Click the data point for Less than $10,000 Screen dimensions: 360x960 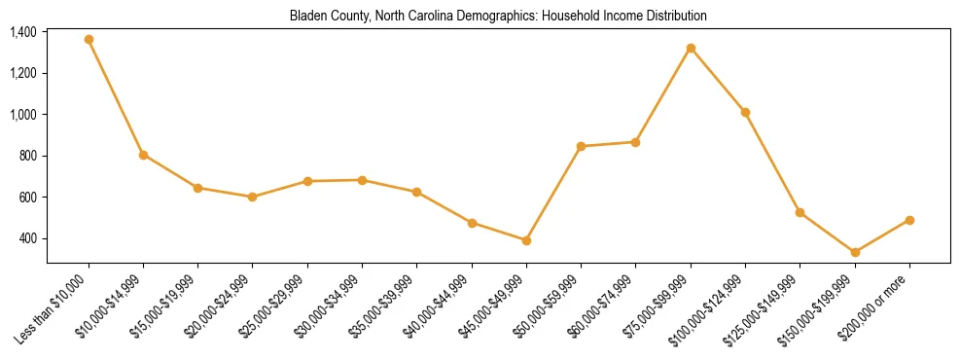tap(89, 40)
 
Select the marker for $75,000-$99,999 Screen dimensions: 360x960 tap(691, 48)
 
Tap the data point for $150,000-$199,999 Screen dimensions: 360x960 tap(855, 253)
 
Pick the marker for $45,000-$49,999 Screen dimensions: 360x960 tap(526, 240)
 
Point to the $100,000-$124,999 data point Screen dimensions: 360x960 tap(745, 113)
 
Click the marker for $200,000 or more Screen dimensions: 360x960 tap(909, 220)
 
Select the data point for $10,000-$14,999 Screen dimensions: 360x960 tap(143, 155)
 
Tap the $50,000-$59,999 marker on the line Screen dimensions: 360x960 tap(581, 146)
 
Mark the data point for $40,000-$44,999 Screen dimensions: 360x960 tap(472, 223)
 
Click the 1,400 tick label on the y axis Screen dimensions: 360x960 tap(23, 32)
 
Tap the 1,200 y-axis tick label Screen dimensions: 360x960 tap(23, 73)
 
